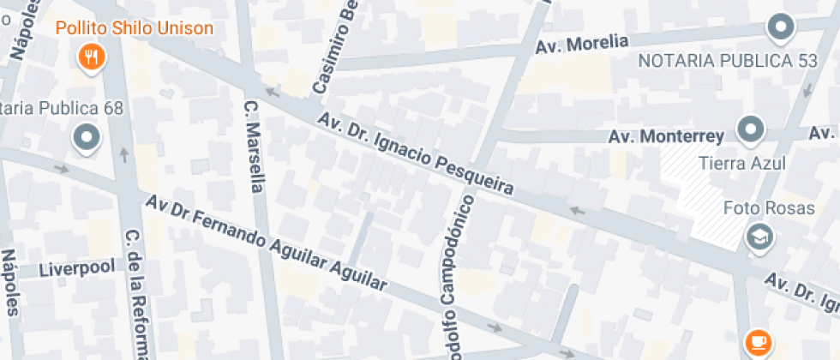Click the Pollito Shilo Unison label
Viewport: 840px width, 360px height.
coord(135,28)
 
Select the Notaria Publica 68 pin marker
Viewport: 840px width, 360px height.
coord(87,137)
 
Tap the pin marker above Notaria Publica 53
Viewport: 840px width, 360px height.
coord(780,28)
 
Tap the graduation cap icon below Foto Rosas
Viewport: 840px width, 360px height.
coord(759,237)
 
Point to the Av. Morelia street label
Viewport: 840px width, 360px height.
coord(582,44)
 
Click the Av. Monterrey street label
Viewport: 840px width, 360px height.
coord(666,136)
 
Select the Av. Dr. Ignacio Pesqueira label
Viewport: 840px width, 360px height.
coord(415,153)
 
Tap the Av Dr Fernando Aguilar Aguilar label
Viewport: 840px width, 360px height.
coord(266,243)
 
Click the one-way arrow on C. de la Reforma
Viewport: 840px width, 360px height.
coord(124,155)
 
